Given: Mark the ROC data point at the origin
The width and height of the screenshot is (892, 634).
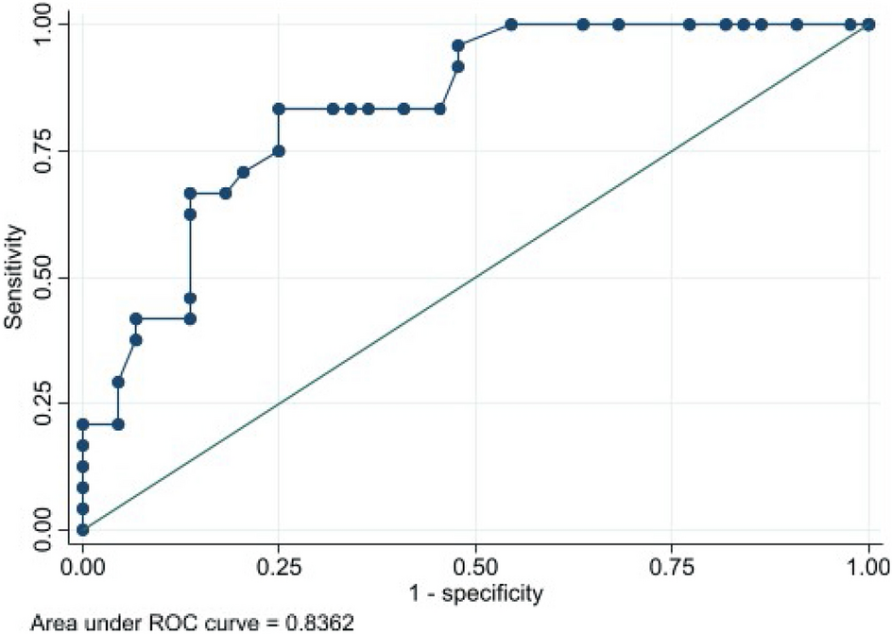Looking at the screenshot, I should [82, 530].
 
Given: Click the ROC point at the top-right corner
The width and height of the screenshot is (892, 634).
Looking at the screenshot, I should [868, 24].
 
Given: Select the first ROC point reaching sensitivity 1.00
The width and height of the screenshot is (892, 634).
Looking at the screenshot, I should [511, 24].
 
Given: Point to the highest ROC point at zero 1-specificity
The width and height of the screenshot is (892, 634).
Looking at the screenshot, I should [82, 424].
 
